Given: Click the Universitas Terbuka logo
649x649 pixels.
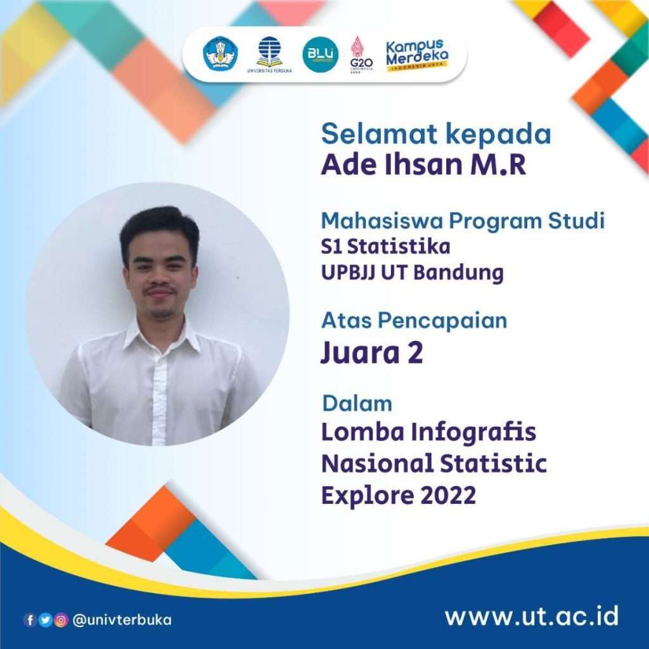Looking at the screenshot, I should click(269, 53).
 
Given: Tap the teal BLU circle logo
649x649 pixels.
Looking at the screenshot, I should click(320, 54).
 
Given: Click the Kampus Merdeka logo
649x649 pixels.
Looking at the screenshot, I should click(416, 55).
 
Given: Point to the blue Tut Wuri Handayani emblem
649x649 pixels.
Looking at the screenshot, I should click(220, 53).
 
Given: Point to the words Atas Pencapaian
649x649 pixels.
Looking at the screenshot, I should click(414, 321).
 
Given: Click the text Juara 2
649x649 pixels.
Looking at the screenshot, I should click(371, 353).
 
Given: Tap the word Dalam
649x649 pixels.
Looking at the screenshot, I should click(357, 403).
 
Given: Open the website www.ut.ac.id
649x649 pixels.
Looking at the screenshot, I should click(531, 616).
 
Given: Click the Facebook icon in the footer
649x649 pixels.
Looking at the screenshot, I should click(30, 620).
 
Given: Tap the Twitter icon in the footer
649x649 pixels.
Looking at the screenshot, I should click(45, 620).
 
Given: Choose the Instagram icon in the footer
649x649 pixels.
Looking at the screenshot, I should click(61, 620).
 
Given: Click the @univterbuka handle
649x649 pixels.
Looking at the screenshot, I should click(122, 620).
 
